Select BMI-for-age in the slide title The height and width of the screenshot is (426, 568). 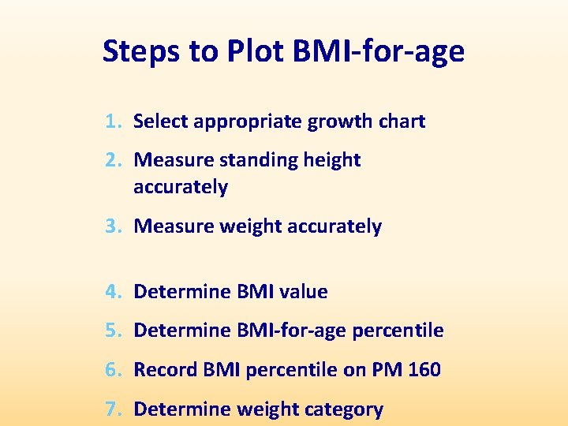(x=379, y=52)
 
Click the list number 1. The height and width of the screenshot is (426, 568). (x=113, y=121)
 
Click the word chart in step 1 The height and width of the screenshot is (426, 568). (x=402, y=121)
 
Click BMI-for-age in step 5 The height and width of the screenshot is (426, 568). (x=291, y=331)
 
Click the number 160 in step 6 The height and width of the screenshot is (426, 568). (x=424, y=369)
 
